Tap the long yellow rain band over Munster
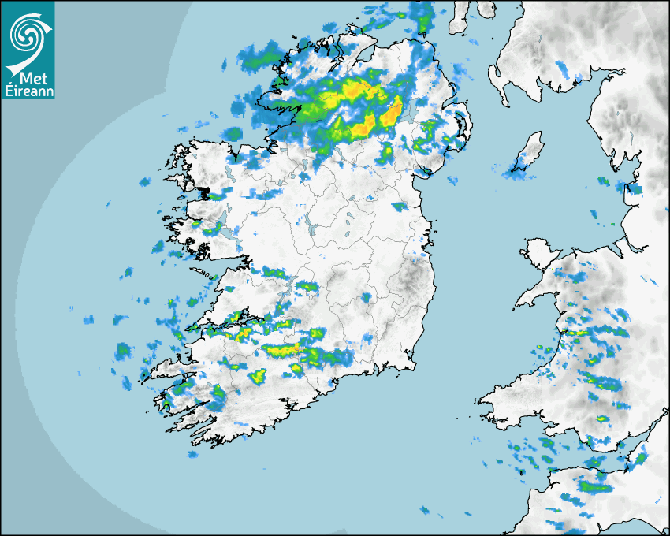(x=281, y=348)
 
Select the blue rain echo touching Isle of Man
(x=518, y=166)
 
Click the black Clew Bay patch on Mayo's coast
(x=207, y=193)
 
